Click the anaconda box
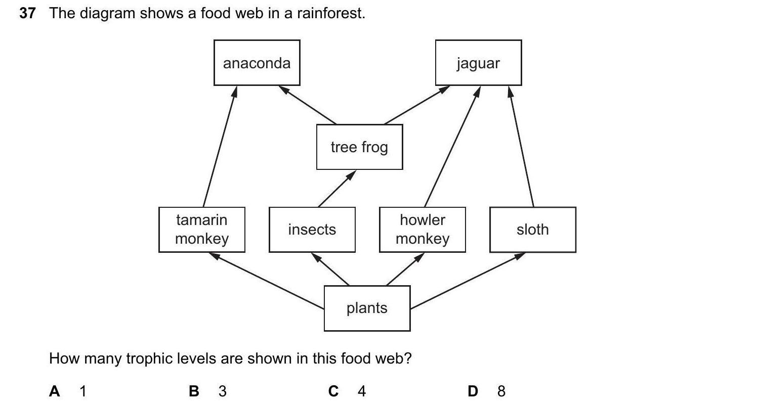click(x=257, y=63)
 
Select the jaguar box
click(x=478, y=63)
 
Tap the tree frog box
click(x=359, y=147)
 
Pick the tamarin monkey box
click(x=201, y=230)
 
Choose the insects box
click(x=312, y=230)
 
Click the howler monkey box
click(x=423, y=230)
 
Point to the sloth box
click(x=532, y=230)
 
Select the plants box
click(x=367, y=308)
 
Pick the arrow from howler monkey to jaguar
click(x=452, y=146)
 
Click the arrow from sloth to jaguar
click(x=522, y=146)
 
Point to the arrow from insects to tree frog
click(x=337, y=189)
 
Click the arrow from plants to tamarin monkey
click(x=267, y=281)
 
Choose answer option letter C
click(x=333, y=391)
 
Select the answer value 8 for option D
click(x=501, y=391)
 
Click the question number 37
click(x=27, y=14)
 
